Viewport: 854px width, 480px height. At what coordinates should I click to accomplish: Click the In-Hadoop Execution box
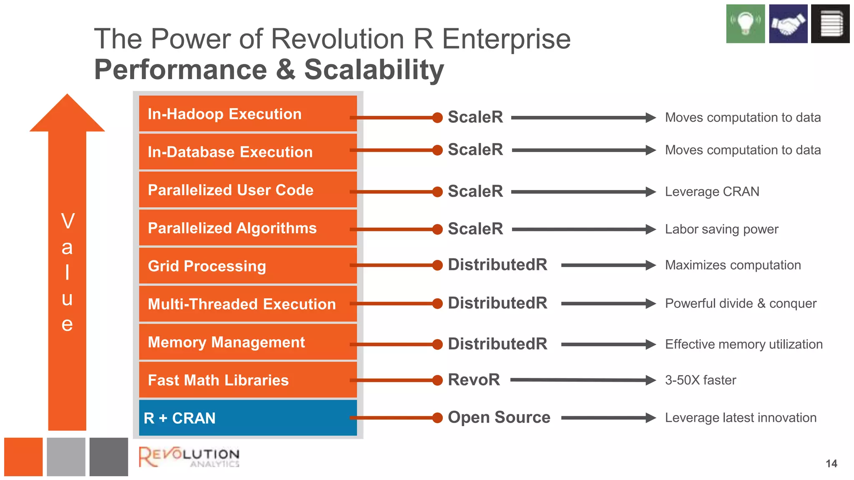pos(248,114)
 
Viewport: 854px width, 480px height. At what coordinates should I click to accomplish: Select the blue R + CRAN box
pos(248,418)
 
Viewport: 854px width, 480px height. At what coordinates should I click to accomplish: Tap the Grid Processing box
pos(248,266)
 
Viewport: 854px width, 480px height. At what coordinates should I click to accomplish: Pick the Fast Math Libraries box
pos(248,380)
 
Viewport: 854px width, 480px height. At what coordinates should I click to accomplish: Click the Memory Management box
pos(248,342)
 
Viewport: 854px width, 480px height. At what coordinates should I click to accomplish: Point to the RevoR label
pos(474,380)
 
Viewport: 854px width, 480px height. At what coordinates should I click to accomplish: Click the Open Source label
pos(499,417)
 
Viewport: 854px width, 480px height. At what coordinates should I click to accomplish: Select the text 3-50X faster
pos(700,380)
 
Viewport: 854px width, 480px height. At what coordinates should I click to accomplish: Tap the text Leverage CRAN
pos(712,192)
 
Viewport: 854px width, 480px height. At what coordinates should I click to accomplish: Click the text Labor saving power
pos(721,229)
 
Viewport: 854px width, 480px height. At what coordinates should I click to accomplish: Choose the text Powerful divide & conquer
pos(740,303)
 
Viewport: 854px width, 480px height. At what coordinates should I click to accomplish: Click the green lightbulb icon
pos(745,24)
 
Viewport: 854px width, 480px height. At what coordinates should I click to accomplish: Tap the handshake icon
pos(788,24)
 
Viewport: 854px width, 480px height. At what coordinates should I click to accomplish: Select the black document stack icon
pos(830,24)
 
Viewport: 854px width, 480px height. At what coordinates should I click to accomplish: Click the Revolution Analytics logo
pos(189,457)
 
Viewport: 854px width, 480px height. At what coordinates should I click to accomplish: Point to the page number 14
pos(831,464)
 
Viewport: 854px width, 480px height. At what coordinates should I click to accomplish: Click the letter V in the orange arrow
pos(68,221)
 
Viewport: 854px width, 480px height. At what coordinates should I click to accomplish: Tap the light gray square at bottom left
pos(66,457)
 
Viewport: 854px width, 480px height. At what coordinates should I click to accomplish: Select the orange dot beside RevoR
pos(437,380)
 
